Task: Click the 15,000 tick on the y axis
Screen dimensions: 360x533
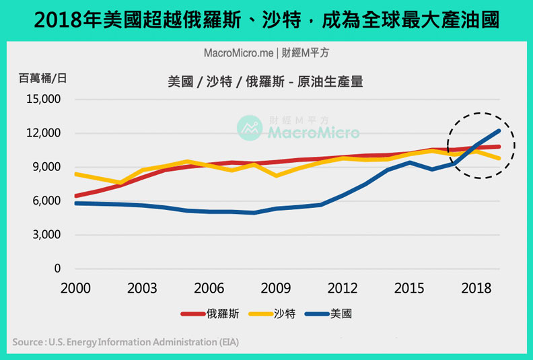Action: pos(42,99)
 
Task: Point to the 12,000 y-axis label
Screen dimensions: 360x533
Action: pos(42,133)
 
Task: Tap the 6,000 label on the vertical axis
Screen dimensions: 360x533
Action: pos(45,201)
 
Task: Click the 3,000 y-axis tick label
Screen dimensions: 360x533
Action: pos(45,235)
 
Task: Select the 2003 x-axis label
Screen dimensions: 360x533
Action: pos(143,287)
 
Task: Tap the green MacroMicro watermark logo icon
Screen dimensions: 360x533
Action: pos(250,128)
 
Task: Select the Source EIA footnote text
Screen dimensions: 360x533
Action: pos(125,343)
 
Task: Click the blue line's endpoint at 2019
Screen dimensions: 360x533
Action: pos(499,131)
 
